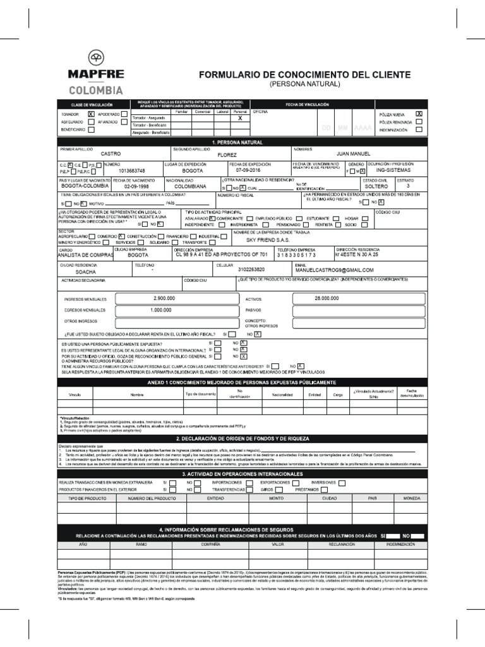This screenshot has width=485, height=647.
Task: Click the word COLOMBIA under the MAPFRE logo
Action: coord(96,90)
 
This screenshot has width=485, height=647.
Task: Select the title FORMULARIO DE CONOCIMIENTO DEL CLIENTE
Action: coord(305,75)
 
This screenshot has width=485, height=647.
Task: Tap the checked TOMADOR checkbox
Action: coord(91,113)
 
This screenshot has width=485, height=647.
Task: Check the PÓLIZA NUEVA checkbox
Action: coord(419,113)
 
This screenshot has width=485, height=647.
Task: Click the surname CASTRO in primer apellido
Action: coord(111,154)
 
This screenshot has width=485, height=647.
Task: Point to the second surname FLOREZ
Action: coord(227,154)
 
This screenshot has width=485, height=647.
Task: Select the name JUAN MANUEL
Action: coord(355,154)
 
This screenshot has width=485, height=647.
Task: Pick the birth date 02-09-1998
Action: coord(138,187)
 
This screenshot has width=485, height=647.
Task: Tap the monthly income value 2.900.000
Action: coord(164,298)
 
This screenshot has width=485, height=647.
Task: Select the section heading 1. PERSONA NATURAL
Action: coord(242,143)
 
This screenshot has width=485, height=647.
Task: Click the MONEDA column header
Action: coord(411,499)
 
